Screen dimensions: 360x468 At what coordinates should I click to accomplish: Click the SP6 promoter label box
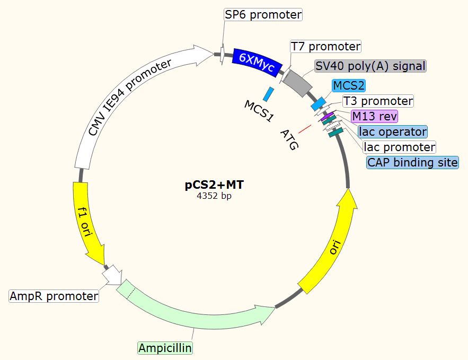pyautogui.click(x=263, y=14)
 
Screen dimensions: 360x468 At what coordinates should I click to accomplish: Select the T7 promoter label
pyautogui.click(x=325, y=47)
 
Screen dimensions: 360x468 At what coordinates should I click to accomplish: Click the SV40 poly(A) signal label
pyautogui.click(x=370, y=66)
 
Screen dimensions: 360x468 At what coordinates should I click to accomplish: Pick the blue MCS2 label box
pyautogui.click(x=349, y=85)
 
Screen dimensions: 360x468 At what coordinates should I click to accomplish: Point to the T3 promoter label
pyautogui.click(x=377, y=101)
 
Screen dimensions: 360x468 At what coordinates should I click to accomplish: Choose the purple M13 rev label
pyautogui.click(x=374, y=116)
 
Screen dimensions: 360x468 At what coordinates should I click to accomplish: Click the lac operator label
pyautogui.click(x=392, y=131)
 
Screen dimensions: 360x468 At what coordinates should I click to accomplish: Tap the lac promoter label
pyautogui.click(x=399, y=147)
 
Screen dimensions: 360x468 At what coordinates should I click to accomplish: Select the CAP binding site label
pyautogui.click(x=412, y=162)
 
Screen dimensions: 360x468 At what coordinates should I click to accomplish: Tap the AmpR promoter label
pyautogui.click(x=54, y=296)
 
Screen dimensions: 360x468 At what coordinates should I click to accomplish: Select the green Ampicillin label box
pyautogui.click(x=165, y=348)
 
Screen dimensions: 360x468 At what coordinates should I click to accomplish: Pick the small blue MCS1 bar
pyautogui.click(x=269, y=94)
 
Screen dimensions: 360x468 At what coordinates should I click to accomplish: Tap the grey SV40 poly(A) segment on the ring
pyautogui.click(x=298, y=83)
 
